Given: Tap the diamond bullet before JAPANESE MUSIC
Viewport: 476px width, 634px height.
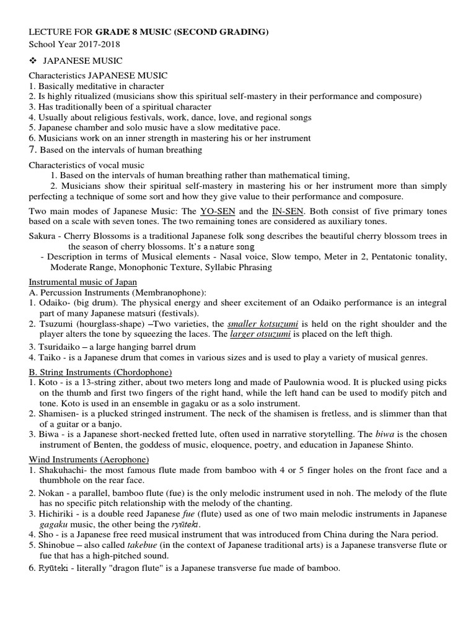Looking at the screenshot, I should coord(33,60).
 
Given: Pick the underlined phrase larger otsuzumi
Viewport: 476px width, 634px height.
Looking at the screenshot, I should coord(257,334).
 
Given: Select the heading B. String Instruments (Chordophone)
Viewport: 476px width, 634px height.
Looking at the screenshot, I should coord(100,371).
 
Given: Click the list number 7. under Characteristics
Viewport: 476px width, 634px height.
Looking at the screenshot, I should coord(33,149).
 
